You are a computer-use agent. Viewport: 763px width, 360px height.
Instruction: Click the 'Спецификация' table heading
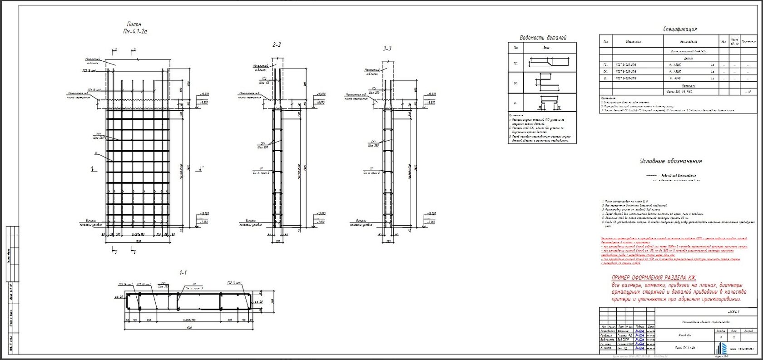[x=679, y=30]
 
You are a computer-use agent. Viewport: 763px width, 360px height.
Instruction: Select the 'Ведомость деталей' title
[x=543, y=38]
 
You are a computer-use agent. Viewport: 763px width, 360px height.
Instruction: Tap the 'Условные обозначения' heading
[x=670, y=161]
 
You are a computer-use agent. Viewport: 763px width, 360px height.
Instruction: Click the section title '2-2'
[x=276, y=45]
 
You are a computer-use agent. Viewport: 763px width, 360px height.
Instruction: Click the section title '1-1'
[x=183, y=273]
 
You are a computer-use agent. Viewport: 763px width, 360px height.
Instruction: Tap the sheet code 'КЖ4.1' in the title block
[x=733, y=312]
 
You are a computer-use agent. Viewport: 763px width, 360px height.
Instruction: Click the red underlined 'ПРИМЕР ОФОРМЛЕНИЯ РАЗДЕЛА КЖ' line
[x=654, y=278]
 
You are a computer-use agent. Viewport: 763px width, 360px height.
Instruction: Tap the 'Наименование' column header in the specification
[x=689, y=41]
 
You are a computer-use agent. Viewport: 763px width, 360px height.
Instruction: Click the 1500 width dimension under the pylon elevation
[x=138, y=241]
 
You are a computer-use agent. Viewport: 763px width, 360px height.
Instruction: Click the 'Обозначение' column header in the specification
[x=633, y=41]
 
